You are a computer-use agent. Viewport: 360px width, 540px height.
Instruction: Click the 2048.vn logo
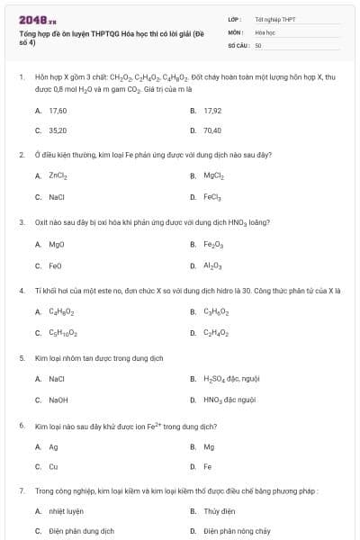[38, 19]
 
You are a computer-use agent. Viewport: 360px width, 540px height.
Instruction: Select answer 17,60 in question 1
[58, 110]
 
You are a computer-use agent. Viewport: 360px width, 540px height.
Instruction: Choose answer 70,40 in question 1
[212, 130]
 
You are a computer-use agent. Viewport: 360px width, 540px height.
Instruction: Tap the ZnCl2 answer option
[58, 175]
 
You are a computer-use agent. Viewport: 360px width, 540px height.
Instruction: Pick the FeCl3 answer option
[213, 195]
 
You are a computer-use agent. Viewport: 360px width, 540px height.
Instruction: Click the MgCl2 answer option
[213, 175]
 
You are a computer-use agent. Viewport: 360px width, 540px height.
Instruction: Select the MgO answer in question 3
[57, 244]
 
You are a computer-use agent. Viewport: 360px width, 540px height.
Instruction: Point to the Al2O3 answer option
[213, 265]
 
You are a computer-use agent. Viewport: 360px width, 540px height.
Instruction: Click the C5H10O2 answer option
[61, 333]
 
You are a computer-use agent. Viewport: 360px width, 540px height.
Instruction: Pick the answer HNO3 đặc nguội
[229, 400]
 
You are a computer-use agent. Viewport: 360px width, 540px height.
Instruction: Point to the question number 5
[21, 357]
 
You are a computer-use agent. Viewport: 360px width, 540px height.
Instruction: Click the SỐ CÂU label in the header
[238, 44]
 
